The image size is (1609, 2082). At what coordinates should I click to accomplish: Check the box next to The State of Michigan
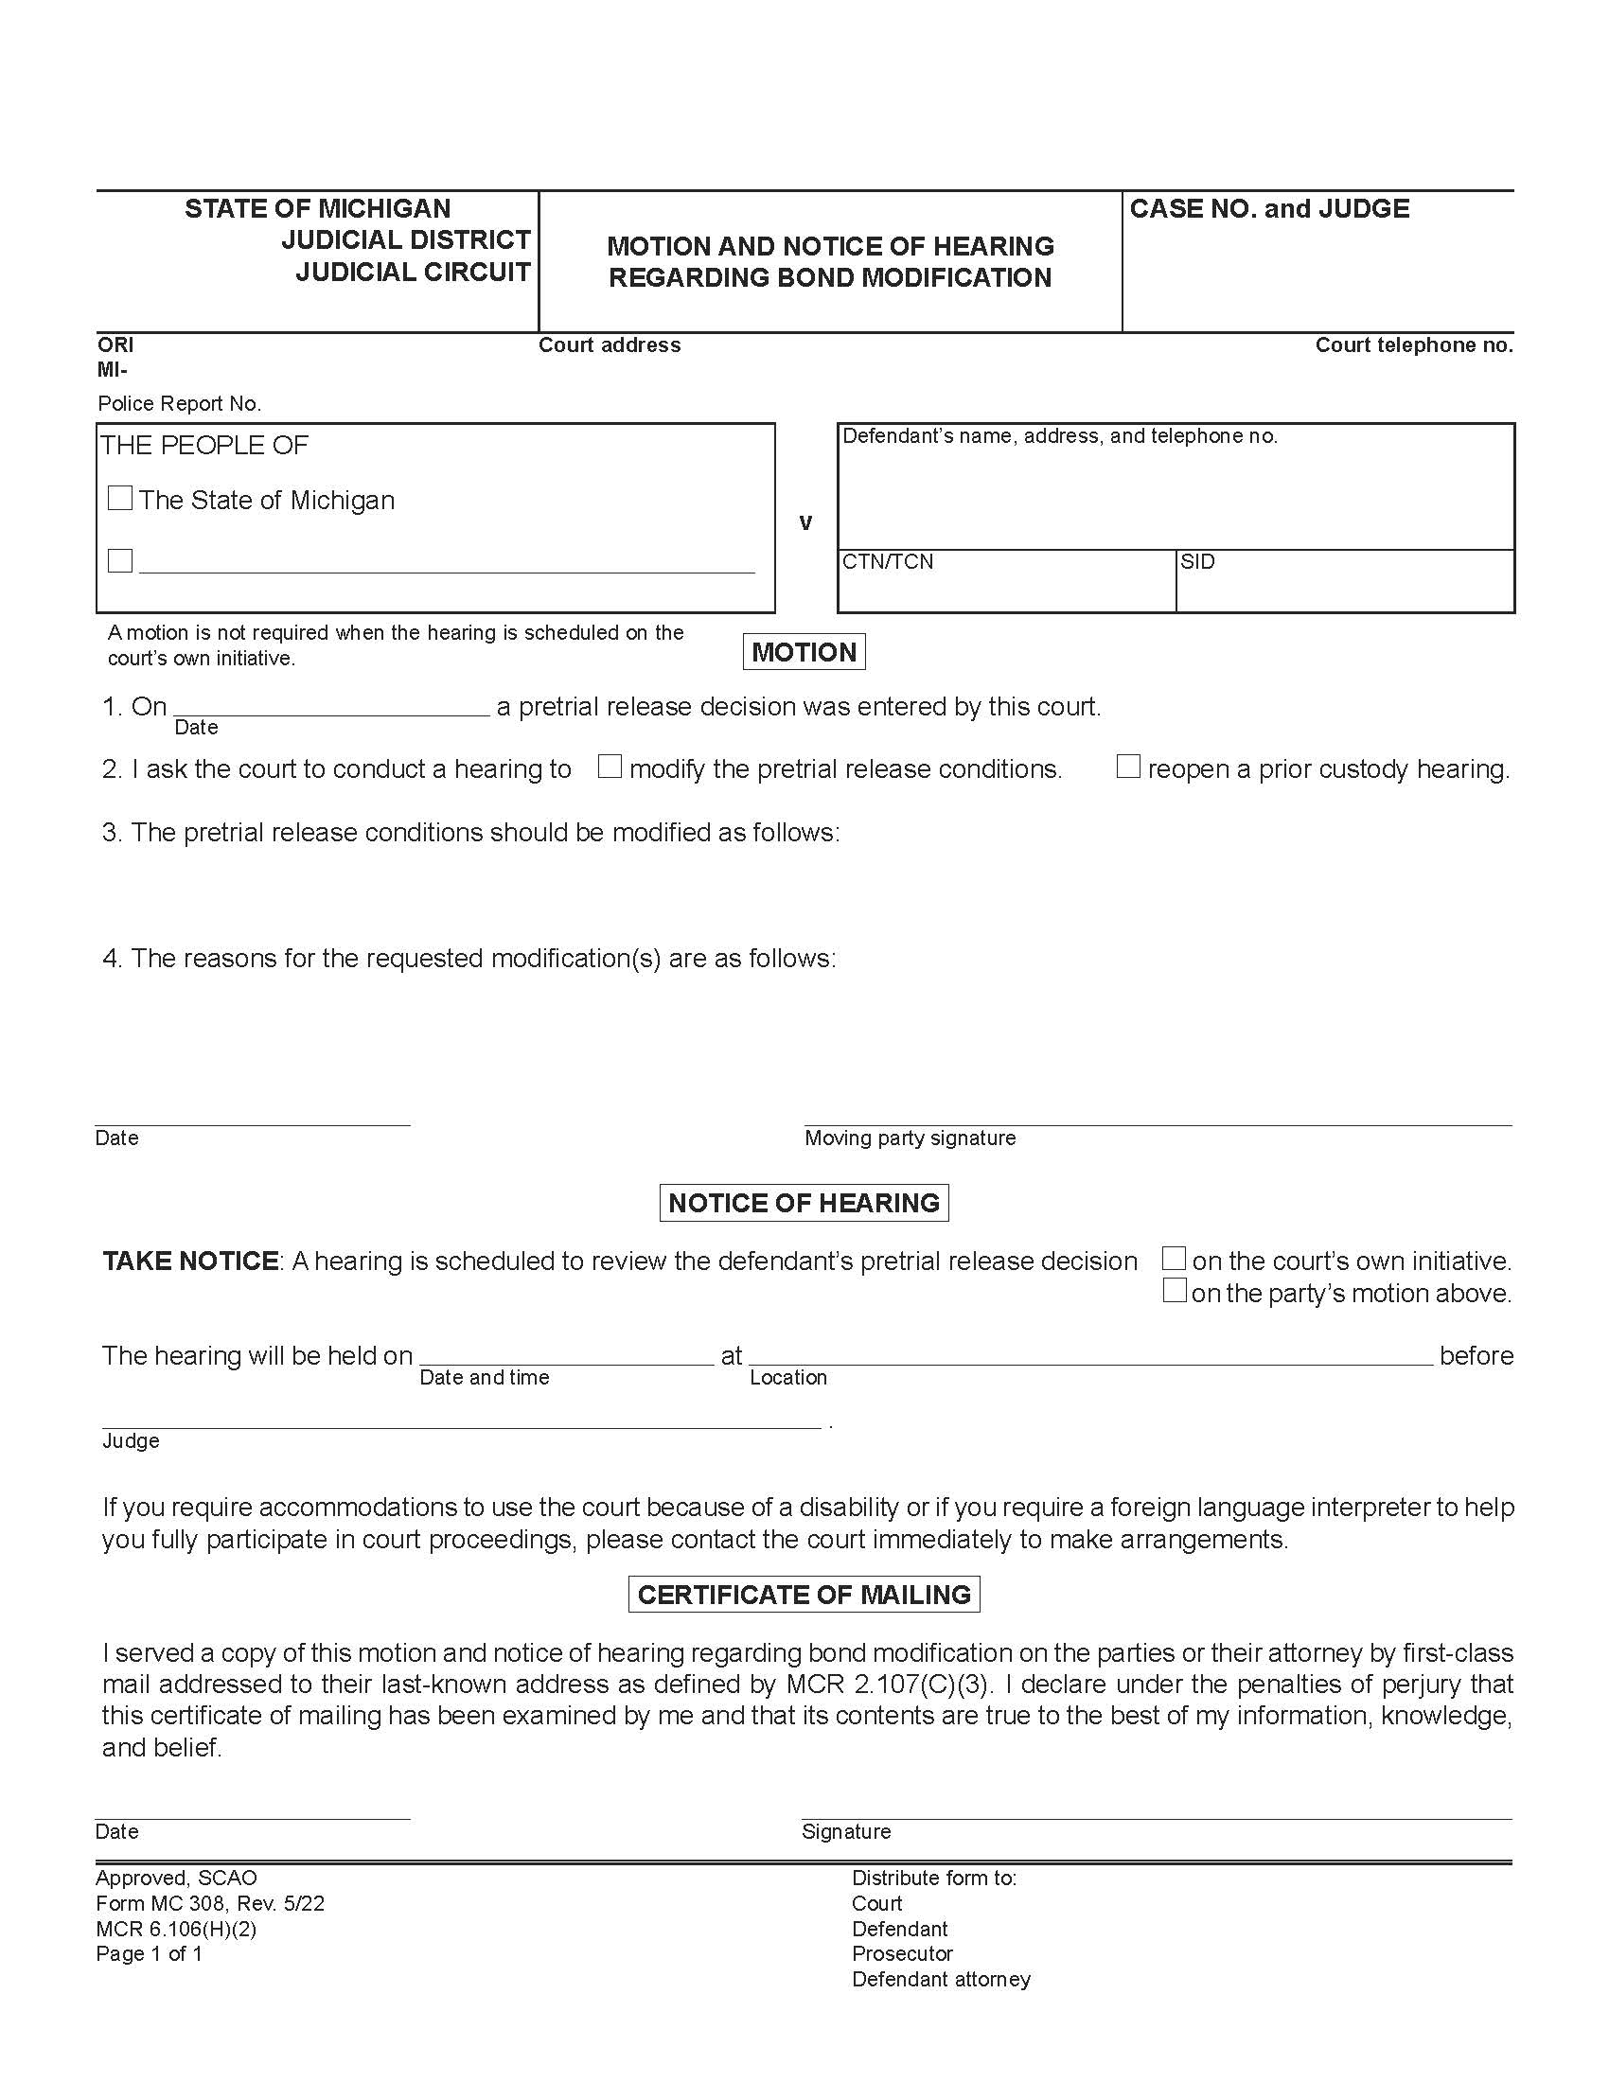[120, 499]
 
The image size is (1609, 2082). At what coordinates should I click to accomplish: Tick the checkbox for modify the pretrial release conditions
[610, 767]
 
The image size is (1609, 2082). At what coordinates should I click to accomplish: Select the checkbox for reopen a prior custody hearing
[1127, 767]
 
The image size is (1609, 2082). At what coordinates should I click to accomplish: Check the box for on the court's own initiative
[1175, 1259]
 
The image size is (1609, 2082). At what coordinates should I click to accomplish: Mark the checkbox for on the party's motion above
[1175, 1291]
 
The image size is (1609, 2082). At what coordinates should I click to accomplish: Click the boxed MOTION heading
[804, 652]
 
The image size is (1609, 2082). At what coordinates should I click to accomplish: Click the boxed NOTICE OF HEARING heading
[804, 1203]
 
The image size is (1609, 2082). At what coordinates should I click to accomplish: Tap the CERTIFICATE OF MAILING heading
[804, 1595]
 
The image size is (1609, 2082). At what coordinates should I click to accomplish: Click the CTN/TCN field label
[888, 561]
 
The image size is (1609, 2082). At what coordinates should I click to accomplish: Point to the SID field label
[1197, 561]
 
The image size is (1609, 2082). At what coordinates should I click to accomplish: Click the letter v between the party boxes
[805, 522]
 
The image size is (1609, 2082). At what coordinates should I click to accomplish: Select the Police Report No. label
[179, 404]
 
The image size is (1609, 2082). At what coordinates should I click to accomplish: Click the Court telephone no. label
[1414, 345]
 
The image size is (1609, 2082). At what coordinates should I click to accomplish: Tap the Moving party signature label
[910, 1138]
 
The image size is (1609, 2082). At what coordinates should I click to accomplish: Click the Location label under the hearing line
[788, 1378]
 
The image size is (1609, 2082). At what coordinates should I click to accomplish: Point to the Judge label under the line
[131, 1441]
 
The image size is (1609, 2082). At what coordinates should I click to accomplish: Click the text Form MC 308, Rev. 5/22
[210, 1904]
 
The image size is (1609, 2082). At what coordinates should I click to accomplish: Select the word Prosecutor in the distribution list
[902, 1954]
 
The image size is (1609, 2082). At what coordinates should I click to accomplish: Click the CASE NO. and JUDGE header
[1268, 209]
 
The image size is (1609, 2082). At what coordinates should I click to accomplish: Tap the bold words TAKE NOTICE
[189, 1262]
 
